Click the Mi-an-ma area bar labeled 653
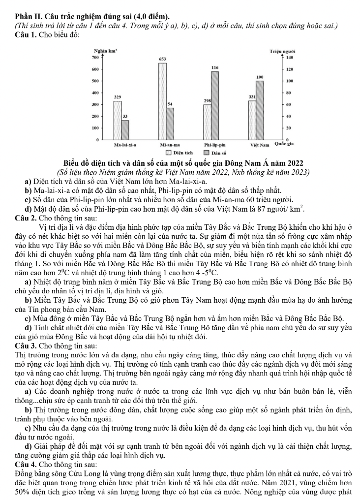pyautogui.click(x=162, y=101)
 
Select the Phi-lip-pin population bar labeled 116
pyautogui.click(x=215, y=105)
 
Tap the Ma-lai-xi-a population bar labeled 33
pyautogui.click(x=125, y=130)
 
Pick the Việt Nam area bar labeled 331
pyautogui.click(x=252, y=120)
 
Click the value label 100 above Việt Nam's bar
pyautogui.click(x=259, y=77)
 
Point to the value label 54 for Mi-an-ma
pyautogui.click(x=170, y=104)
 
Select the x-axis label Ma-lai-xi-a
pyautogui.click(x=125, y=146)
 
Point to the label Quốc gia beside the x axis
pyautogui.click(x=284, y=145)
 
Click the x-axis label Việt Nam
pyautogui.click(x=259, y=146)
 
